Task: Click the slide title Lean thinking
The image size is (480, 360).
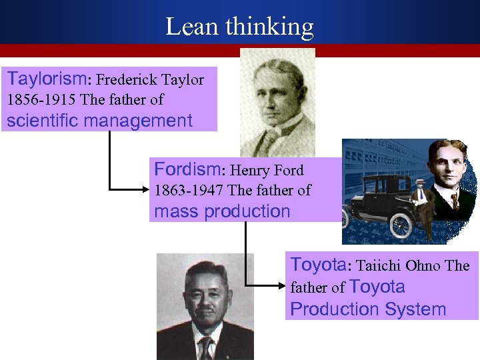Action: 239,27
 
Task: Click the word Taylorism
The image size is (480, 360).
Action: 46,79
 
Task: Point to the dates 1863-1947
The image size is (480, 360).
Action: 189,190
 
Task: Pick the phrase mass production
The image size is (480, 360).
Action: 222,211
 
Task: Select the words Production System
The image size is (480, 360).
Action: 368,309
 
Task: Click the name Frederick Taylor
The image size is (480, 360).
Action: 150,80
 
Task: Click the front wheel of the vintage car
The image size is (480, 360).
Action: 400,227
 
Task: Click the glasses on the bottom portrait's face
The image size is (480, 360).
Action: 205,293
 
